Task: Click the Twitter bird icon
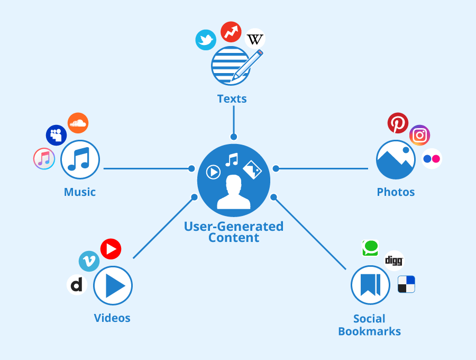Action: point(206,40)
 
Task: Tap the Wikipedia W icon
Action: point(255,39)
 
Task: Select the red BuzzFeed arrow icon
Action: point(231,32)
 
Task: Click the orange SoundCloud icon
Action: point(78,123)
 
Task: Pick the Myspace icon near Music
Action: point(56,135)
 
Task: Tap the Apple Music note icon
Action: point(44,158)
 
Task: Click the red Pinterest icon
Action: point(398,123)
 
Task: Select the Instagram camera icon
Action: point(419,136)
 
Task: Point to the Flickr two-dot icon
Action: point(432,159)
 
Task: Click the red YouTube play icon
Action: point(111,249)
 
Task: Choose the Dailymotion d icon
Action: point(77,285)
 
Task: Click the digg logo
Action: point(394,260)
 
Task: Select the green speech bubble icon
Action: point(370,247)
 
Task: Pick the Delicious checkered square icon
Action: point(406,284)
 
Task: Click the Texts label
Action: point(232,99)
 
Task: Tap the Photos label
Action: point(396,192)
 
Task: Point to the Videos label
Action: point(112,318)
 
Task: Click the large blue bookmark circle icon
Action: point(370,285)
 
